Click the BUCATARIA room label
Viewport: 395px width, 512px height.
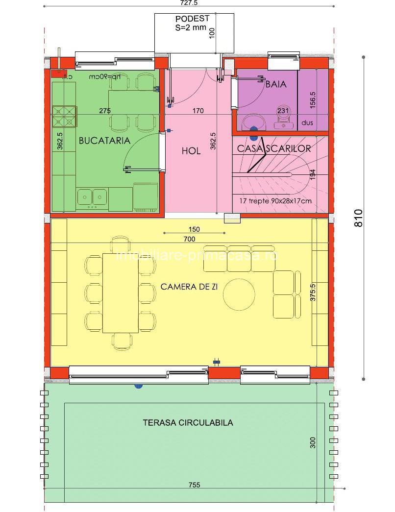tap(104, 141)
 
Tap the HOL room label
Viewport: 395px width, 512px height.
tap(191, 151)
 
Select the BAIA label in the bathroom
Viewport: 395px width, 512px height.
tap(275, 84)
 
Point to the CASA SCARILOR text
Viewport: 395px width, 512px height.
tap(274, 148)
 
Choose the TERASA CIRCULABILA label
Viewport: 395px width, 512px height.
tap(188, 422)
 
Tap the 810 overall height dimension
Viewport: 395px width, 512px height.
tap(359, 218)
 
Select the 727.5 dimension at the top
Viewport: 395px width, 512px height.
tap(189, 3)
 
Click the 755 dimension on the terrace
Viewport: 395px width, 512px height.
tap(194, 485)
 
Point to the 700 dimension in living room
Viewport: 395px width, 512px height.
tap(189, 239)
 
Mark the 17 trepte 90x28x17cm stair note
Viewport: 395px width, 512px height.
tap(275, 201)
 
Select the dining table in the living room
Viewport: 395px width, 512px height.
tap(120, 293)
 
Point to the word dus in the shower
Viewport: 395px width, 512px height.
tap(307, 122)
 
